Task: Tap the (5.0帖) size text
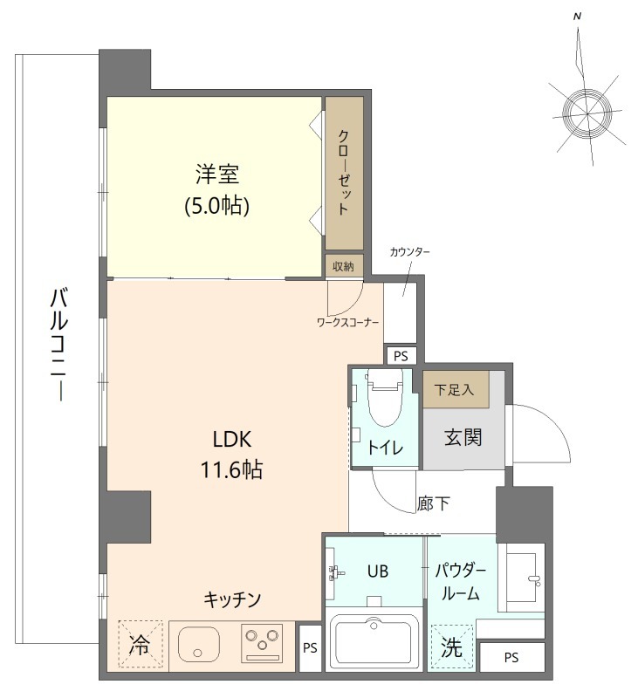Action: click(216, 206)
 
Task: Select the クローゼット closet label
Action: click(344, 174)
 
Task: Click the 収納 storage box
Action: click(343, 266)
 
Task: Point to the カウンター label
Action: click(409, 252)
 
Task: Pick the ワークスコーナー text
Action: click(347, 323)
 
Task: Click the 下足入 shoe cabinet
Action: click(455, 390)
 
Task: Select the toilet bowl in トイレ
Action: click(384, 402)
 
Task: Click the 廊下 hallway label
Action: click(433, 503)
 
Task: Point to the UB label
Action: click(377, 571)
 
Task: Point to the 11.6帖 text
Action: click(232, 469)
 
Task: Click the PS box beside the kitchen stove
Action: click(309, 648)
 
